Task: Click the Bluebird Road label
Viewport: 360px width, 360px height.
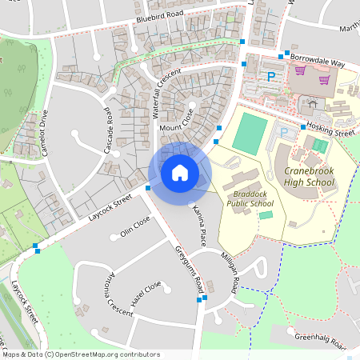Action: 160,14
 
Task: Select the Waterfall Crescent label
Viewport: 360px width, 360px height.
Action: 168,94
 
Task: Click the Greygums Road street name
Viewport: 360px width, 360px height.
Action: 191,268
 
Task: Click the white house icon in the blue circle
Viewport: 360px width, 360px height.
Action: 180,173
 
